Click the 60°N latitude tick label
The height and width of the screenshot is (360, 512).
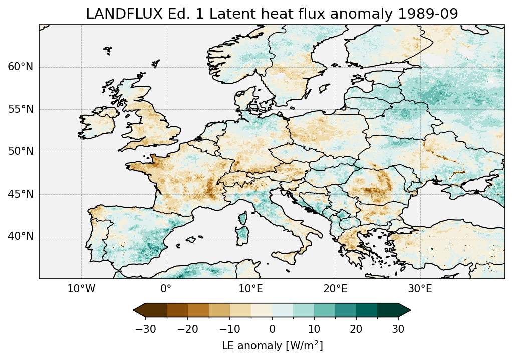[20, 67]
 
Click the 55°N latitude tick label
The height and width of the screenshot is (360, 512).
[20, 110]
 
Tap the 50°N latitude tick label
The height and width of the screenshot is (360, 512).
[20, 152]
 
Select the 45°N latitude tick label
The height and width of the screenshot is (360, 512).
[20, 194]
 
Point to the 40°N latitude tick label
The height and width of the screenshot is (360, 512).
[20, 236]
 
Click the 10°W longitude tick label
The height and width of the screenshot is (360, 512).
[81, 289]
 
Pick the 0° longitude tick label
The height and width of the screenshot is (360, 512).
[166, 289]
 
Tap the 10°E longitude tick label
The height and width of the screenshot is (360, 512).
[250, 289]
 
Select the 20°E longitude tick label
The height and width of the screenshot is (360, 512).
[335, 289]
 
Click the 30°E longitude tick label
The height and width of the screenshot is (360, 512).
[420, 289]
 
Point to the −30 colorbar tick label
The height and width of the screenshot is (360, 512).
[146, 329]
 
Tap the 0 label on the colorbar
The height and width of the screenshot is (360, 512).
[272, 329]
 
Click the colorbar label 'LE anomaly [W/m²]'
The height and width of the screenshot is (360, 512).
[272, 345]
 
